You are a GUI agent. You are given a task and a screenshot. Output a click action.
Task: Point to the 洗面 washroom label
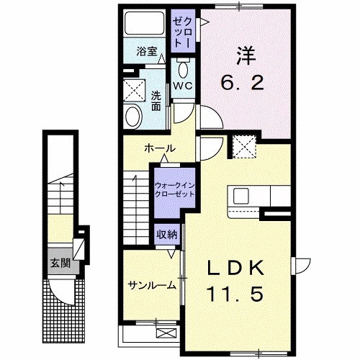click(x=156, y=100)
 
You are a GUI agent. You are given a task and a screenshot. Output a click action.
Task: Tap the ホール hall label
click(x=159, y=148)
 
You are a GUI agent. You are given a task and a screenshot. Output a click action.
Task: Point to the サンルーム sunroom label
click(x=153, y=285)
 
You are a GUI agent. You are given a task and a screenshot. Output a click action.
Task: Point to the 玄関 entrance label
click(x=60, y=263)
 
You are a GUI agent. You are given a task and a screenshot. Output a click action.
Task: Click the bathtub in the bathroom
click(x=144, y=26)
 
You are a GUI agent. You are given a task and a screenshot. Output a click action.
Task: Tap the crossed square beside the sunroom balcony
click(x=166, y=333)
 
